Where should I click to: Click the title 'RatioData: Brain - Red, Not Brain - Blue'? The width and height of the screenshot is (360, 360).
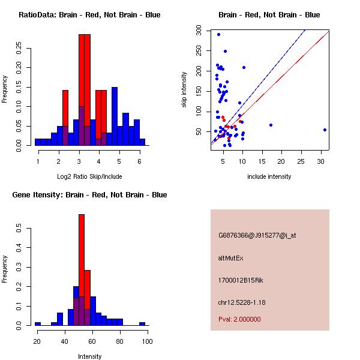coord(89,15)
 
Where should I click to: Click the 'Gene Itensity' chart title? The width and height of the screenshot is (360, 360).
coord(89,195)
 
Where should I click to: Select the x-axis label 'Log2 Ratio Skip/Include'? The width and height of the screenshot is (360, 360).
coord(89,176)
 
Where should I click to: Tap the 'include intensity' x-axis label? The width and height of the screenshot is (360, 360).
coord(269,176)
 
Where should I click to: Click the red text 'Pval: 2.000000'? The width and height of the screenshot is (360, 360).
coord(239,319)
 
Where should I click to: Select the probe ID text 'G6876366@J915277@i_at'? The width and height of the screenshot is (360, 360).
coord(257,235)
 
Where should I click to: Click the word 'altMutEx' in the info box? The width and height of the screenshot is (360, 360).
coord(231,258)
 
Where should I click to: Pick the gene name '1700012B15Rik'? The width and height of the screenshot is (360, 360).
coord(241,280)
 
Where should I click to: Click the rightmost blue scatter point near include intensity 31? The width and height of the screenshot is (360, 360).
coord(325,130)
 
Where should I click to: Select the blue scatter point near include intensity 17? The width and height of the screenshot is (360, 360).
coord(271,125)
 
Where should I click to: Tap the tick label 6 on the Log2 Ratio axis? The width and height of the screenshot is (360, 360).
coord(139,161)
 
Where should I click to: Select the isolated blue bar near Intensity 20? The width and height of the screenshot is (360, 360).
coord(38,323)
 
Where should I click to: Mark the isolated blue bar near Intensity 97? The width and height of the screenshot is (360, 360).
coord(142,323)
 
